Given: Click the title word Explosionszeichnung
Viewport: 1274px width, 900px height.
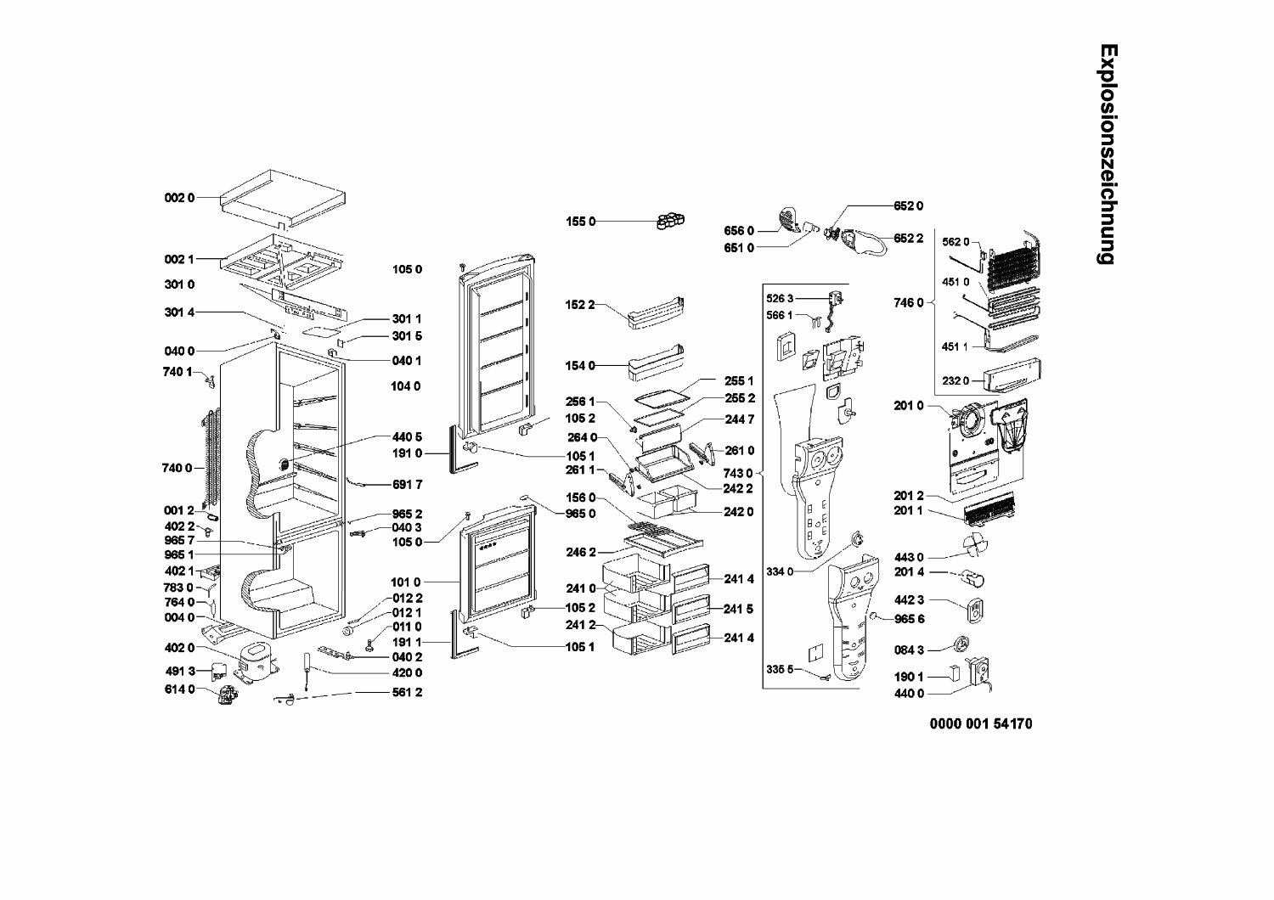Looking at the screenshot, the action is tap(1108, 154).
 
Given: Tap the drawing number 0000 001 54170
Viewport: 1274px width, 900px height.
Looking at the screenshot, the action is tap(981, 723).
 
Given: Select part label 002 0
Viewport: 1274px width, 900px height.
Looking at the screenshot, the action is tap(179, 198).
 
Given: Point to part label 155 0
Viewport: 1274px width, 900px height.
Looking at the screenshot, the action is tap(580, 222).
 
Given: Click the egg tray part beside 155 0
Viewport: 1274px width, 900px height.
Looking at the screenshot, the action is tap(671, 221).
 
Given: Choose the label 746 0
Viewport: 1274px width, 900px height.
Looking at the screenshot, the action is tap(908, 303).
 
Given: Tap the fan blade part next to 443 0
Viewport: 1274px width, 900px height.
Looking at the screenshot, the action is tap(975, 544).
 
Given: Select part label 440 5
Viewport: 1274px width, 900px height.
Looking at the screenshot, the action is tap(407, 437).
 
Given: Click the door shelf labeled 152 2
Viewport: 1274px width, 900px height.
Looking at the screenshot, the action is tap(656, 313).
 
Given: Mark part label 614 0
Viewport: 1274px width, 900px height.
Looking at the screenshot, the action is tap(180, 689).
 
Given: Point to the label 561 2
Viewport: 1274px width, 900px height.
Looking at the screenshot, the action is tap(407, 693).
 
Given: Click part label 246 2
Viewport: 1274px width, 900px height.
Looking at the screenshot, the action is tap(581, 552).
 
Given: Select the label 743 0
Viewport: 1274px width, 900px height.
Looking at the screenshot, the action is tap(738, 473).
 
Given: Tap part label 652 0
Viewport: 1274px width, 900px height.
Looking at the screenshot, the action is tap(908, 205).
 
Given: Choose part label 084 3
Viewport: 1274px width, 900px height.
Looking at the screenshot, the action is tap(909, 650).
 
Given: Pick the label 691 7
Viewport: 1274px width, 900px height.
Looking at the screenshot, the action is tap(407, 485).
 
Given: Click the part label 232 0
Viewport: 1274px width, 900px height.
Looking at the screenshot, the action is tap(956, 381).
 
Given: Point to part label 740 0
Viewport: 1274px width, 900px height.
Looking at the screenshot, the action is tap(177, 468).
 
